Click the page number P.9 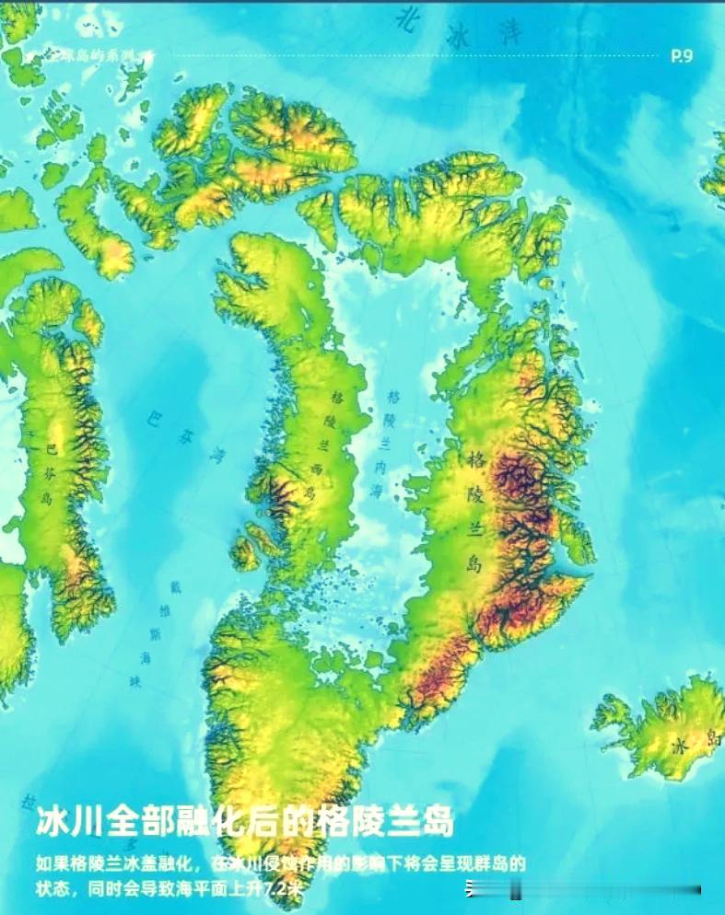(682, 55)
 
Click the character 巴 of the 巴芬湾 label (154, 420)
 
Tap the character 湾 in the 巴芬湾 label (216, 454)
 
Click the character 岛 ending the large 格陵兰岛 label (474, 563)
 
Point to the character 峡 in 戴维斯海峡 (137, 682)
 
